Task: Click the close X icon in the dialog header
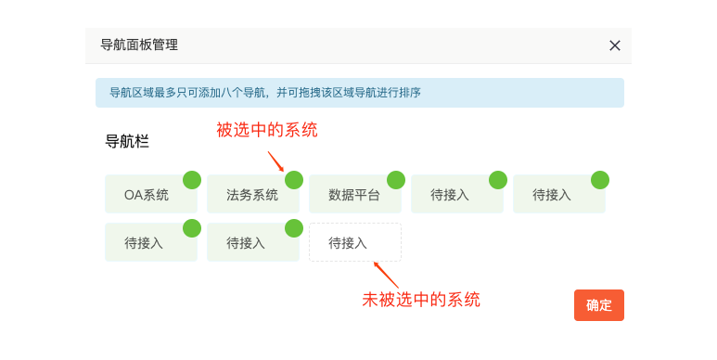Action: [615, 45]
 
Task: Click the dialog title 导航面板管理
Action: [139, 45]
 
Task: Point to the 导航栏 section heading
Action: [127, 141]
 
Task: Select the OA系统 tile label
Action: [147, 195]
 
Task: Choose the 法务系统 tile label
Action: [252, 195]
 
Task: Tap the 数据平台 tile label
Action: [354, 195]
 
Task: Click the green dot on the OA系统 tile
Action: [192, 180]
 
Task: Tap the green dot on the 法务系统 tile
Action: [294, 180]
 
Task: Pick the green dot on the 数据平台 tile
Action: [396, 180]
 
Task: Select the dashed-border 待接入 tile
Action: [355, 242]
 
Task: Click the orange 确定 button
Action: [599, 305]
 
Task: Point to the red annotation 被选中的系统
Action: [267, 130]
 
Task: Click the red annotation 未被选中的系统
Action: [421, 300]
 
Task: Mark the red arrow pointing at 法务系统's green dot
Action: [276, 161]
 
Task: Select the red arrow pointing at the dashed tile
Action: [387, 275]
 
